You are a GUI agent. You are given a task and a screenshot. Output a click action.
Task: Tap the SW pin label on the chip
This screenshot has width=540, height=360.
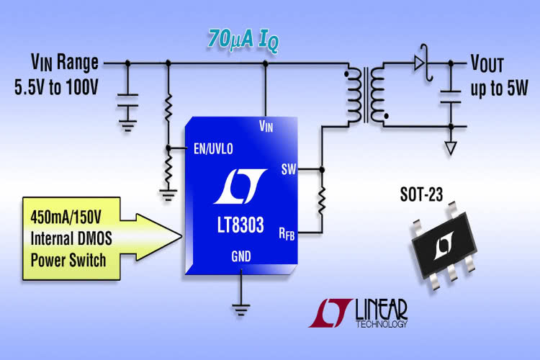pos(287,170)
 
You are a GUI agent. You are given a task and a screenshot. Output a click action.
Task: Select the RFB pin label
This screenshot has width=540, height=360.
pos(287,232)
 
